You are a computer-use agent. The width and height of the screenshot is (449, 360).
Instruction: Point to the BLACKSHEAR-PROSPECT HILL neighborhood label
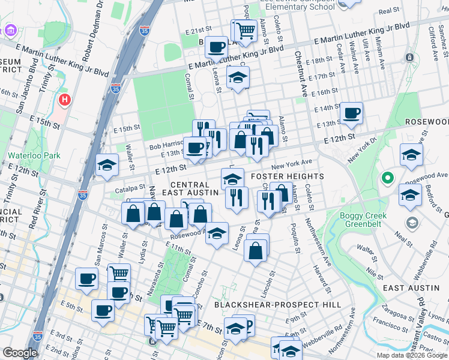coord(278,305)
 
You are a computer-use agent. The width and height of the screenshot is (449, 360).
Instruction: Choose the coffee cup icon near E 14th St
coord(351,112)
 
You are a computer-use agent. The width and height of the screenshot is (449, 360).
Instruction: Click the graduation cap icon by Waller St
coord(107,164)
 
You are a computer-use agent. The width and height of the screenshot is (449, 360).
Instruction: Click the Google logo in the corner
coord(20,353)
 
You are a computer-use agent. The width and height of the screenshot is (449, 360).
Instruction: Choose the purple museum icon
coord(10,31)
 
